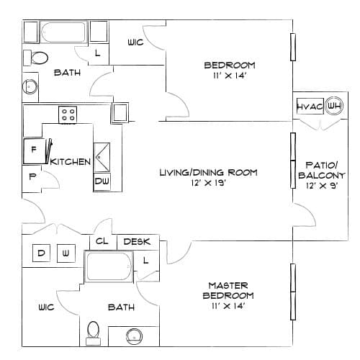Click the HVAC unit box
pyautogui.click(x=310, y=106)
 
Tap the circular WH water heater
pyautogui.click(x=334, y=106)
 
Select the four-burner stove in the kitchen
pyautogui.click(x=68, y=115)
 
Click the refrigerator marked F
pyautogui.click(x=35, y=151)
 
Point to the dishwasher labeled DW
pyautogui.click(x=102, y=181)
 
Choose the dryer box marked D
pyautogui.click(x=41, y=253)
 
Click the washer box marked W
pyautogui.click(x=66, y=253)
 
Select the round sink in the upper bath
pyautogui.click(x=30, y=86)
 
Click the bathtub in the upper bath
pyautogui.click(x=63, y=32)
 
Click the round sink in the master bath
pyautogui.click(x=134, y=336)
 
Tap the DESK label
pyautogui.click(x=137, y=242)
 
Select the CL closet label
pyautogui.click(x=102, y=241)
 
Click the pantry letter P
pyautogui.click(x=32, y=176)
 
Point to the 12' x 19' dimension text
pyautogui.click(x=208, y=183)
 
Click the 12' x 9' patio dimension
pyautogui.click(x=322, y=186)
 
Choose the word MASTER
pyautogui.click(x=228, y=286)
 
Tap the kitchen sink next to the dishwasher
pyautogui.click(x=102, y=158)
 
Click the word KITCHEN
pyautogui.click(x=71, y=162)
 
